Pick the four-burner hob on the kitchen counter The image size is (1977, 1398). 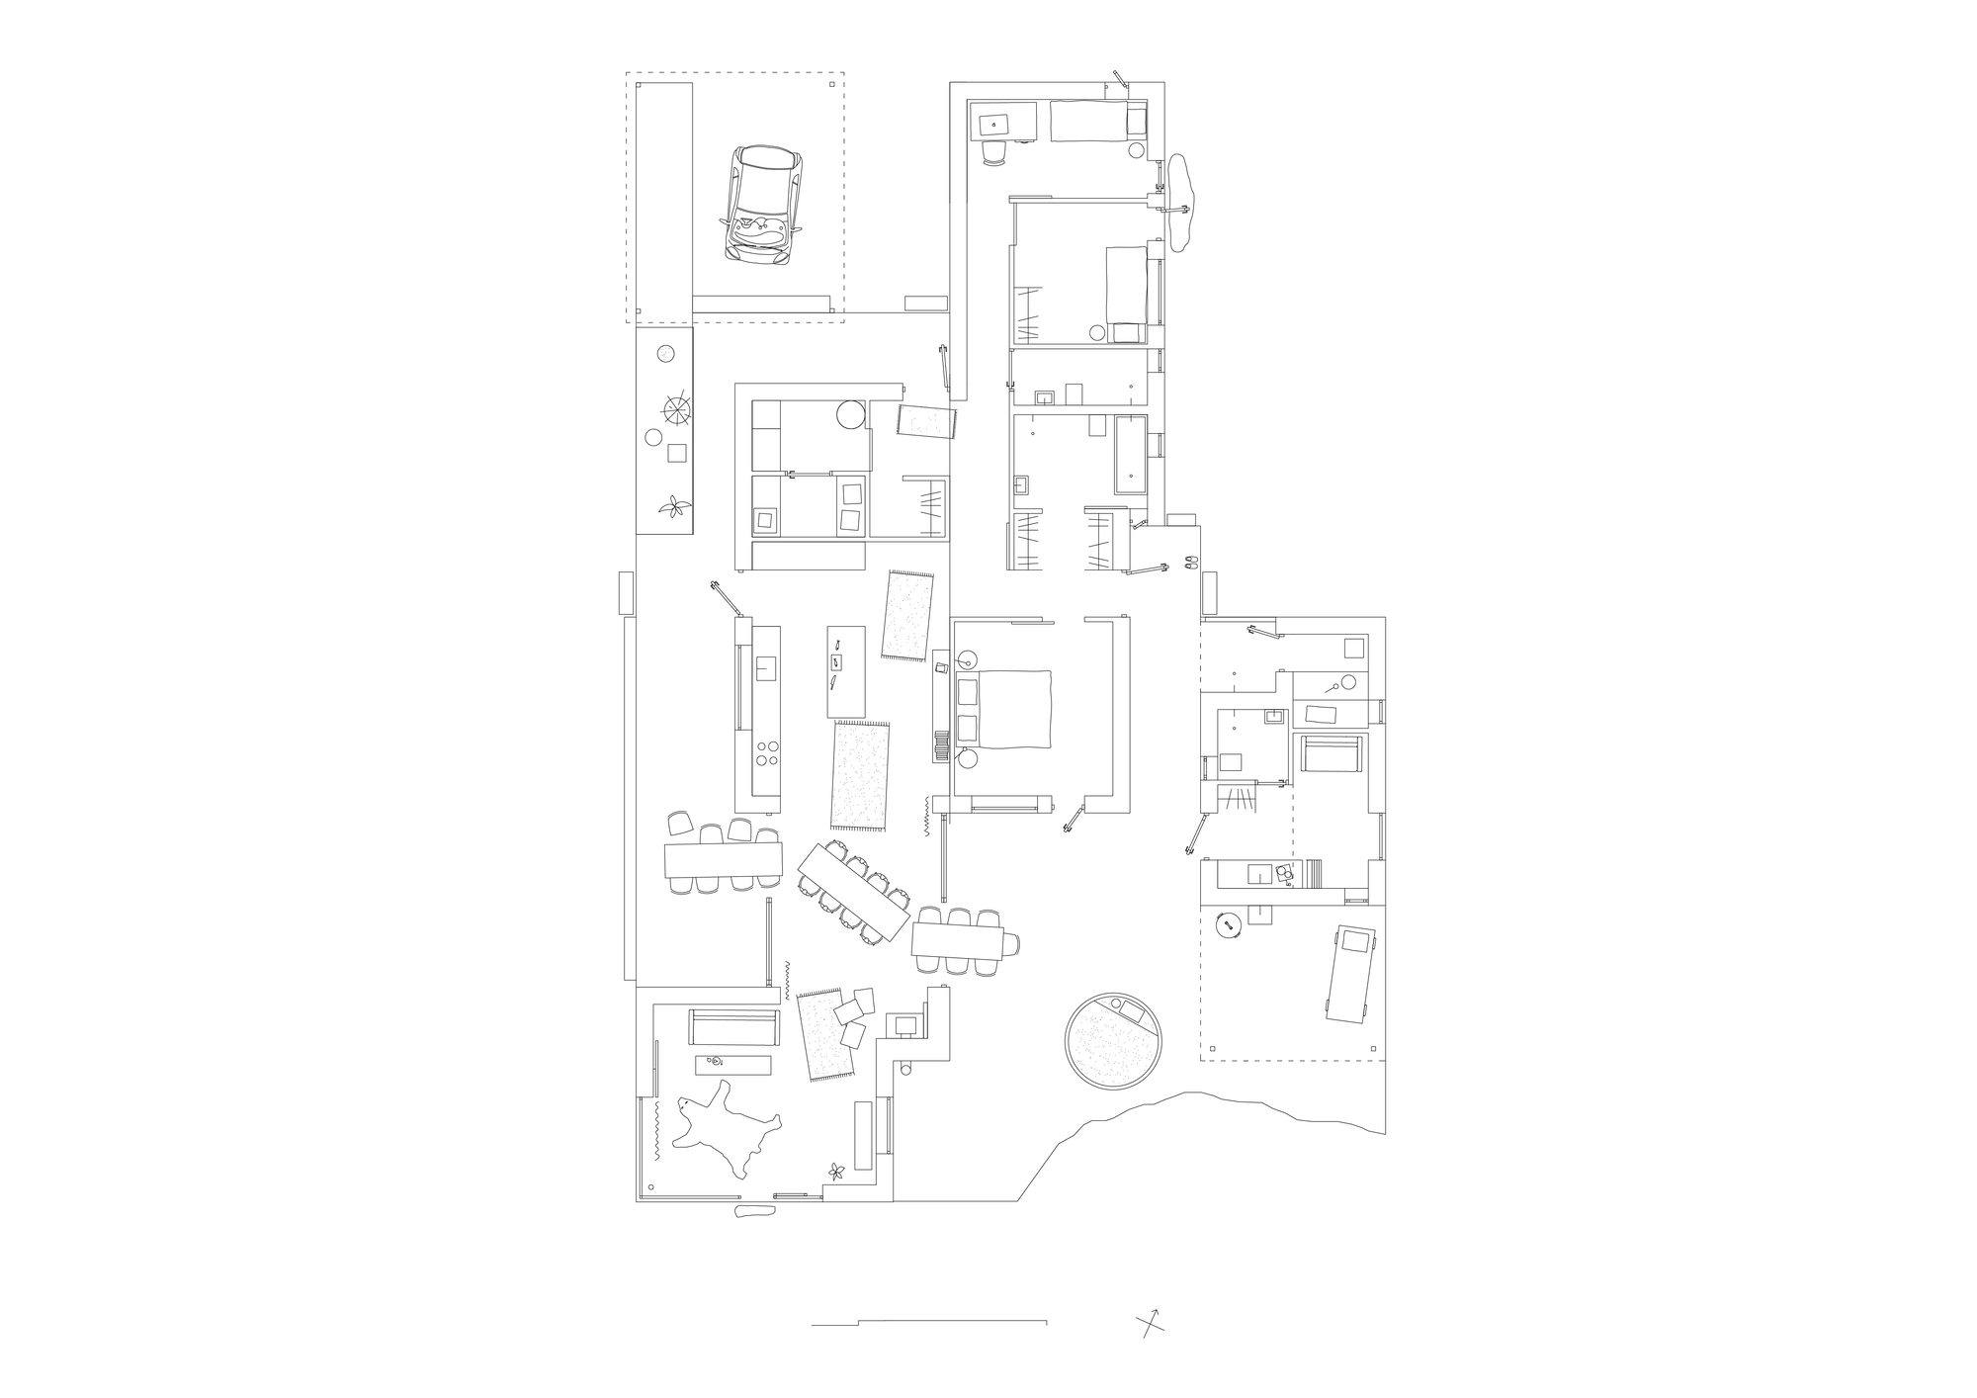tap(765, 753)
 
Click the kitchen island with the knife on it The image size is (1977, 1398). tap(846, 671)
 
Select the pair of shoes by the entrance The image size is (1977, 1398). tap(1189, 562)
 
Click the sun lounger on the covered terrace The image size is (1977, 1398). tap(1347, 974)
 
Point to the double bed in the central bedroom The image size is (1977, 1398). tap(1003, 708)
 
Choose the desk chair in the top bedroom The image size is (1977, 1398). tap(993, 151)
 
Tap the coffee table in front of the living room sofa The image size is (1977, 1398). tap(733, 1064)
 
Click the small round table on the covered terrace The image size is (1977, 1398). tap(1229, 925)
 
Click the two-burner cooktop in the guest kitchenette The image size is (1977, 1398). tap(1282, 873)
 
